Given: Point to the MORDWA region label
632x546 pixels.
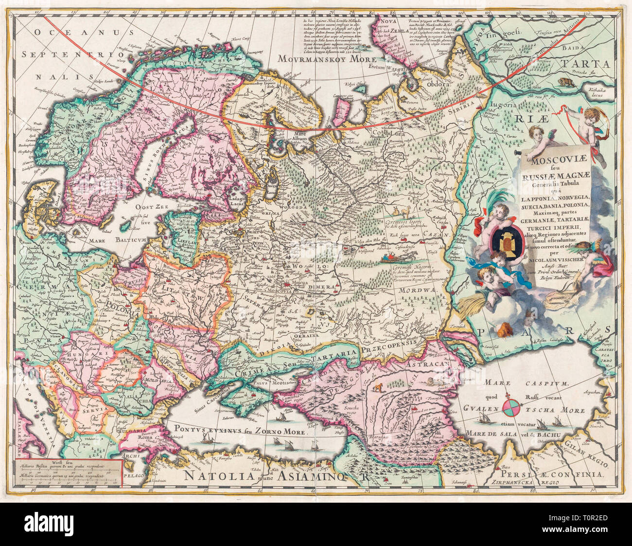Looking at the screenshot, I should click(413, 290).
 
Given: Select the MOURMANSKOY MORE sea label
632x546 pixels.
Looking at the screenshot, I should click(321, 58).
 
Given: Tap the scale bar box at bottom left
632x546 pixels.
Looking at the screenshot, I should click(68, 472).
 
